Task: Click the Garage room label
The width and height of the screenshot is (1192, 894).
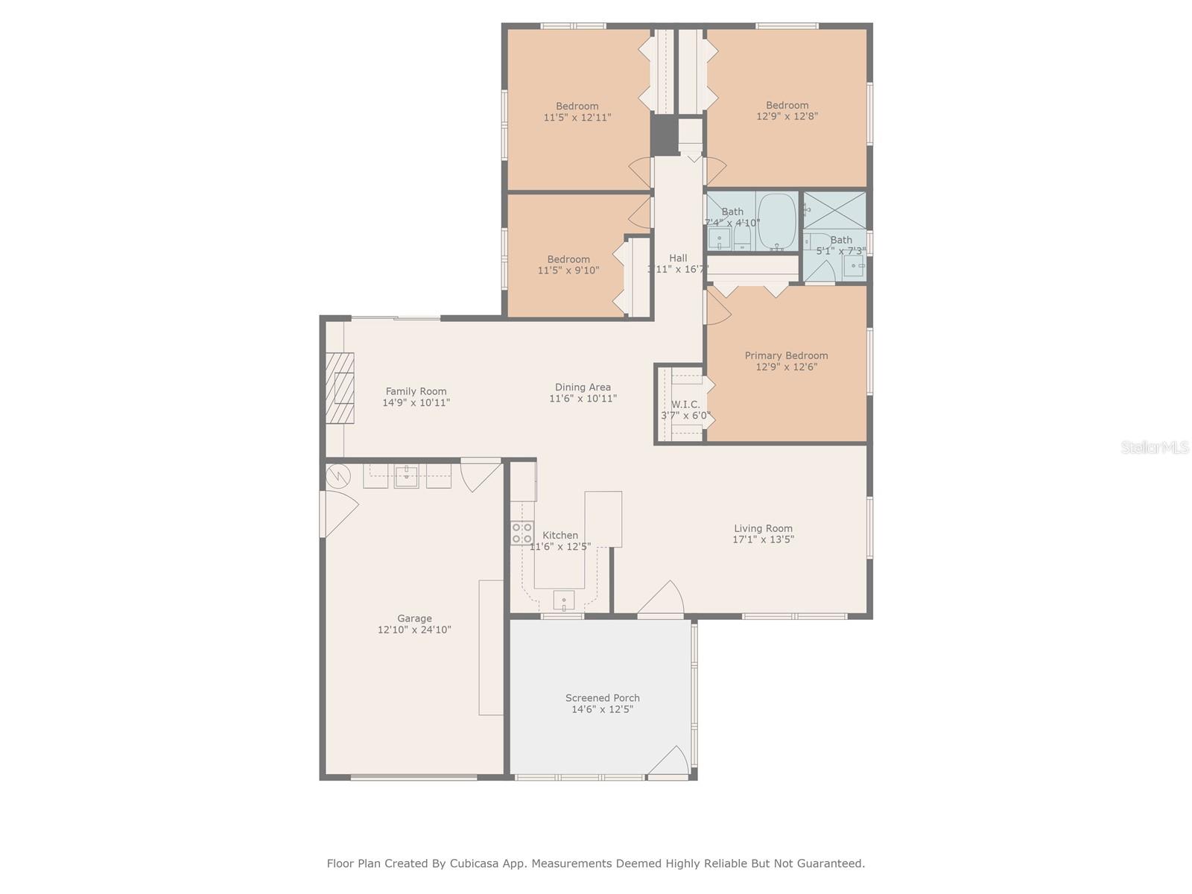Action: click(414, 618)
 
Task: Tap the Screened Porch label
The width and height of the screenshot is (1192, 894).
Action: click(602, 698)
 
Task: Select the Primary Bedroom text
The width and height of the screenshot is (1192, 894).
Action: click(786, 355)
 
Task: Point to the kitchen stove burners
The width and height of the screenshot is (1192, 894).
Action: click(521, 533)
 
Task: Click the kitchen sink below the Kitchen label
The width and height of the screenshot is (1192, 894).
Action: click(564, 599)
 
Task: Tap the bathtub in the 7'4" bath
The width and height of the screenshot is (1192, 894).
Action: click(777, 221)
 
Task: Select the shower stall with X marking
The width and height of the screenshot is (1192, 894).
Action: click(834, 211)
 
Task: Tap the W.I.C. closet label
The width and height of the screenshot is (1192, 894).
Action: click(685, 405)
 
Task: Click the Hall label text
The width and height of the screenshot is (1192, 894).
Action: click(678, 258)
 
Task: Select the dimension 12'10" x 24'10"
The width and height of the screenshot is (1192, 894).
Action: click(414, 630)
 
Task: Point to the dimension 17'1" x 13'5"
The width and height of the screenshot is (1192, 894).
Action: click(763, 539)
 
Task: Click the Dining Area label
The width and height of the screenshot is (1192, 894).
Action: click(583, 387)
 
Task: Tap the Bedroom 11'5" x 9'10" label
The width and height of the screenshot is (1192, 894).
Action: click(568, 259)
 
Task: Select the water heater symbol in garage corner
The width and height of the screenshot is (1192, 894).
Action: click(337, 475)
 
